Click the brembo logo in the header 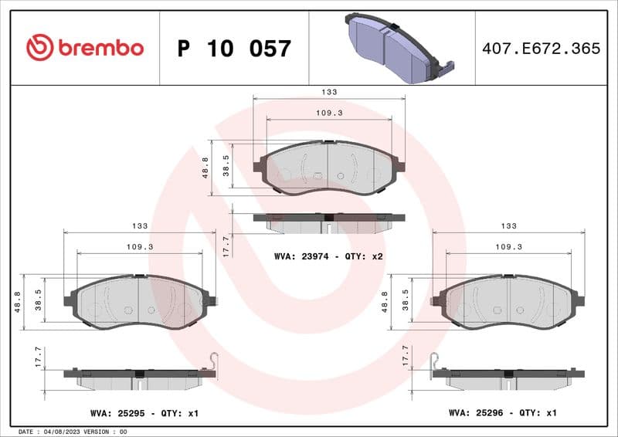click(x=85, y=48)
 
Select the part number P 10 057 click(x=234, y=49)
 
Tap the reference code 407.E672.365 click(x=541, y=48)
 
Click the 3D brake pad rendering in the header click(x=395, y=48)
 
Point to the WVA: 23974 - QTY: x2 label click(x=329, y=256)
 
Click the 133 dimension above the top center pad click(x=330, y=92)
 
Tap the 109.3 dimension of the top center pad click(x=330, y=113)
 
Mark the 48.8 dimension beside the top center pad click(x=205, y=168)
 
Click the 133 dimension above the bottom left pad click(x=140, y=225)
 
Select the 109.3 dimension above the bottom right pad click(x=508, y=246)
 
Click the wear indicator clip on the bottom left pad click(x=216, y=361)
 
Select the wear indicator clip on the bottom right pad click(x=434, y=361)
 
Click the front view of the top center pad click(x=329, y=168)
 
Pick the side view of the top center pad click(x=329, y=222)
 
